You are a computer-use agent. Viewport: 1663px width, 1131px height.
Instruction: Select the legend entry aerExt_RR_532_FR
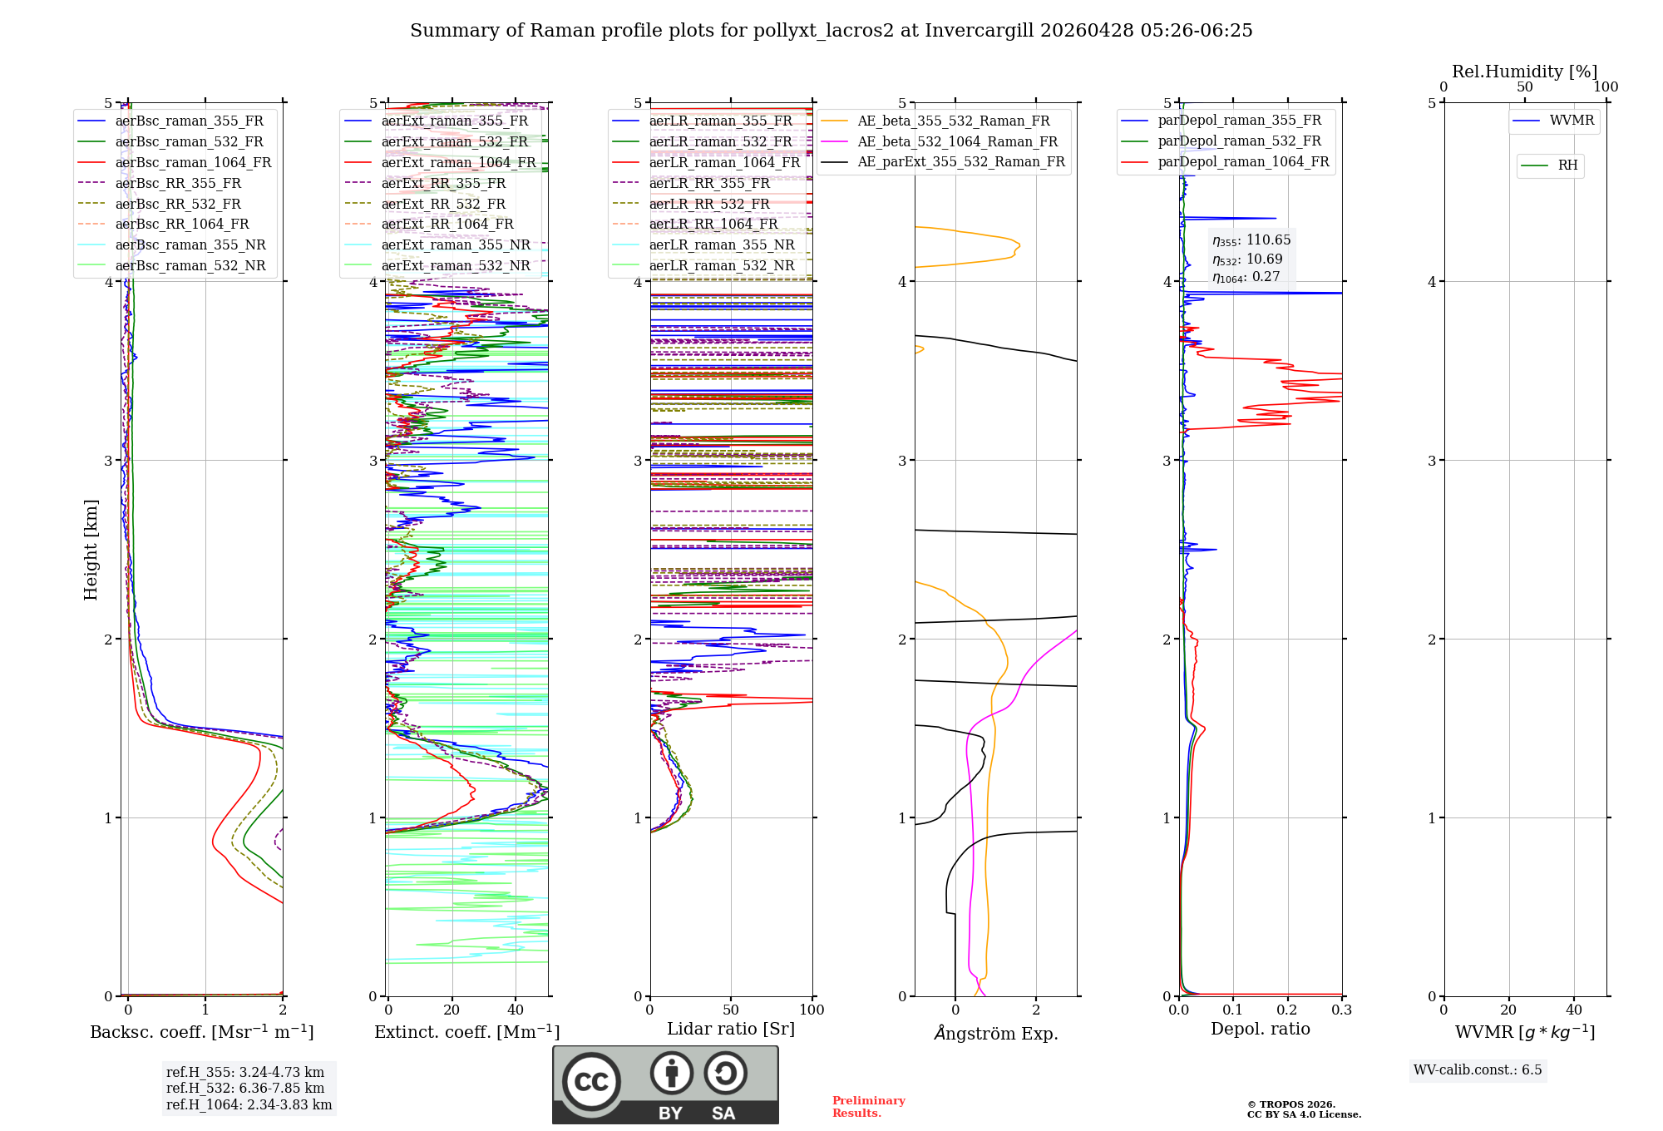443,205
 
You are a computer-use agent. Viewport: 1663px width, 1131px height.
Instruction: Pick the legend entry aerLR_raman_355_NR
721,245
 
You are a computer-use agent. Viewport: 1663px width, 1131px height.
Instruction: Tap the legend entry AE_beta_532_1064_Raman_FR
957,142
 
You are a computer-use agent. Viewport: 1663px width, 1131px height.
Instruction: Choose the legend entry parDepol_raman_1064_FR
1243,162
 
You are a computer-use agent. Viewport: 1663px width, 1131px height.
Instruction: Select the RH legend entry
1567,165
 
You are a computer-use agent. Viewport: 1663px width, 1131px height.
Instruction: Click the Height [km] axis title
91,550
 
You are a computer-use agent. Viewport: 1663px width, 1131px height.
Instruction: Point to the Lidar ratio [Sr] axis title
731,1030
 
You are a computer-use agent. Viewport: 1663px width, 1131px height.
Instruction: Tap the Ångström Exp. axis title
995,1034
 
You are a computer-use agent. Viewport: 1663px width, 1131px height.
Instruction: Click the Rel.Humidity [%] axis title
1524,72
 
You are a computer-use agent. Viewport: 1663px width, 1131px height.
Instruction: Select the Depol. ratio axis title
1260,1030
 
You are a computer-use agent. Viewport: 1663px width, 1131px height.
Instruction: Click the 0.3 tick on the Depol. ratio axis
1341,1010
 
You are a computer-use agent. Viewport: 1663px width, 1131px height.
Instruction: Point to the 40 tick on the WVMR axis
1573,1010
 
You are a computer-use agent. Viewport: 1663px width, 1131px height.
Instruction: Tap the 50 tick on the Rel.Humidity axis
1524,87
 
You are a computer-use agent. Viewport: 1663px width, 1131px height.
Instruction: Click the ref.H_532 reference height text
244,1089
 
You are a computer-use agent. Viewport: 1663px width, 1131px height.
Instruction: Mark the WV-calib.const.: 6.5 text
1477,1070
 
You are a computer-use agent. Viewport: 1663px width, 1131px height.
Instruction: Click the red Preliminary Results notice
868,1107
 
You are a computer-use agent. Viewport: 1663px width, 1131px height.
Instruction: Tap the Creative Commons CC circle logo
591,1082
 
